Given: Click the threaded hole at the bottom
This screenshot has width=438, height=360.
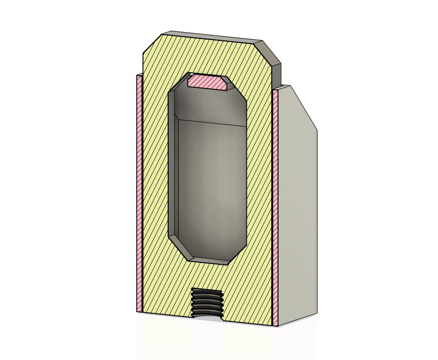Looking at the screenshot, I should (x=207, y=302).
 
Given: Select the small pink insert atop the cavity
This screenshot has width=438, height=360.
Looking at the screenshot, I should (x=207, y=82).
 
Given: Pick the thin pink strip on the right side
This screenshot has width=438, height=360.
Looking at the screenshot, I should (x=275, y=205).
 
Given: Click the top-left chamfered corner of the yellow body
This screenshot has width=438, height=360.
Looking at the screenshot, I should (x=152, y=44).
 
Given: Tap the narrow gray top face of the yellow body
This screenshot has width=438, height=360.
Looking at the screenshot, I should (x=212, y=37).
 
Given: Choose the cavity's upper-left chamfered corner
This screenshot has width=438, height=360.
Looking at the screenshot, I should (x=179, y=83).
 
